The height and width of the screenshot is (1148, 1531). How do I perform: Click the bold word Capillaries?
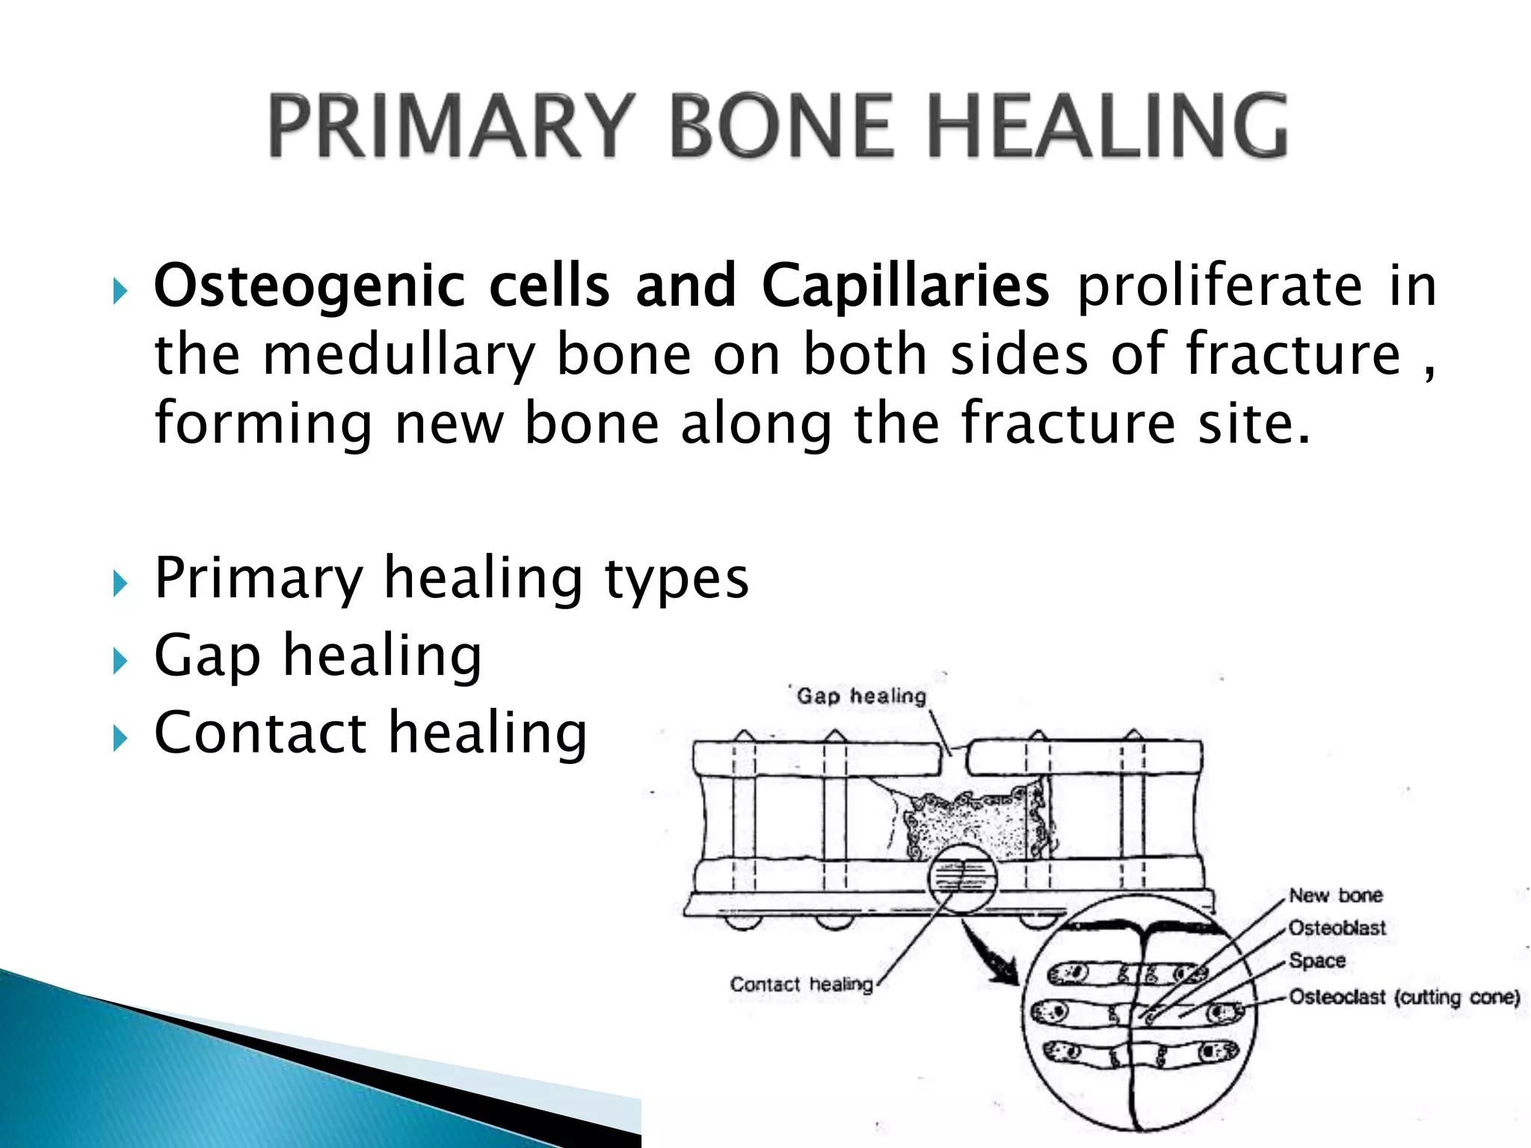pos(905,286)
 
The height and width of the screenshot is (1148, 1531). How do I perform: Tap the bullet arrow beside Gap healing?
pos(120,661)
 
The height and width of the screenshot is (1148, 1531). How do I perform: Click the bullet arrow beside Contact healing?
pos(120,738)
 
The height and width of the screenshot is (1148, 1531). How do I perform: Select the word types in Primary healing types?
pos(676,578)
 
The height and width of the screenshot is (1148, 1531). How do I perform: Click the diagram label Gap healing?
pos(861,697)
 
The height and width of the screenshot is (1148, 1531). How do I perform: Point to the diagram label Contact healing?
pos(801,984)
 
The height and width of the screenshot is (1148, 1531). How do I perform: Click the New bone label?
pos(1336,895)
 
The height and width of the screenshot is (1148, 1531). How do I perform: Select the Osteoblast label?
pos(1337,928)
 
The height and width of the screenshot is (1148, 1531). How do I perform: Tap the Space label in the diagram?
pos(1317,961)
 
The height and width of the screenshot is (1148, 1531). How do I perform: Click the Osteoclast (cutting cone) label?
pos(1405,998)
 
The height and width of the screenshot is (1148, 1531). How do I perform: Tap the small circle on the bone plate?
pos(963,878)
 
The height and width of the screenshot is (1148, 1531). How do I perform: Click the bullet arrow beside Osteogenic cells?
pos(120,291)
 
